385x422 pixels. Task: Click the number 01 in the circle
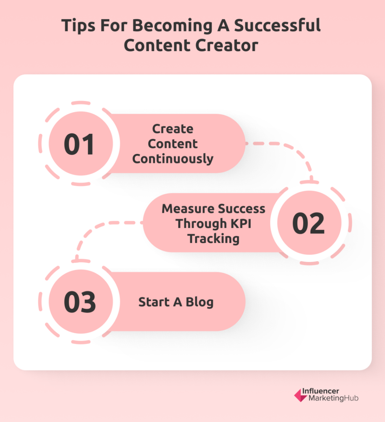(79, 144)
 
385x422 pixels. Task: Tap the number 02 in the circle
(308, 223)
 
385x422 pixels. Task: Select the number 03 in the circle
(80, 302)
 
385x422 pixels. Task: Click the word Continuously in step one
(173, 159)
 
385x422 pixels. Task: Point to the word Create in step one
(173, 129)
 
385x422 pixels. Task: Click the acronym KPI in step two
(241, 223)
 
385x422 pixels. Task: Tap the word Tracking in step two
(213, 239)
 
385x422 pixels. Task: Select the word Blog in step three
(200, 302)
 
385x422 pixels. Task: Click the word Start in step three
(154, 302)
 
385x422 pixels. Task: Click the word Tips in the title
(78, 26)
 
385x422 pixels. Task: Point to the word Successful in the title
(277, 26)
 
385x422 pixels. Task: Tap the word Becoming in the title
(172, 26)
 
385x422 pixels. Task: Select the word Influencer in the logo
(320, 391)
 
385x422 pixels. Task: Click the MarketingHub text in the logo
(333, 398)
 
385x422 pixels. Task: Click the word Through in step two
(201, 223)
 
